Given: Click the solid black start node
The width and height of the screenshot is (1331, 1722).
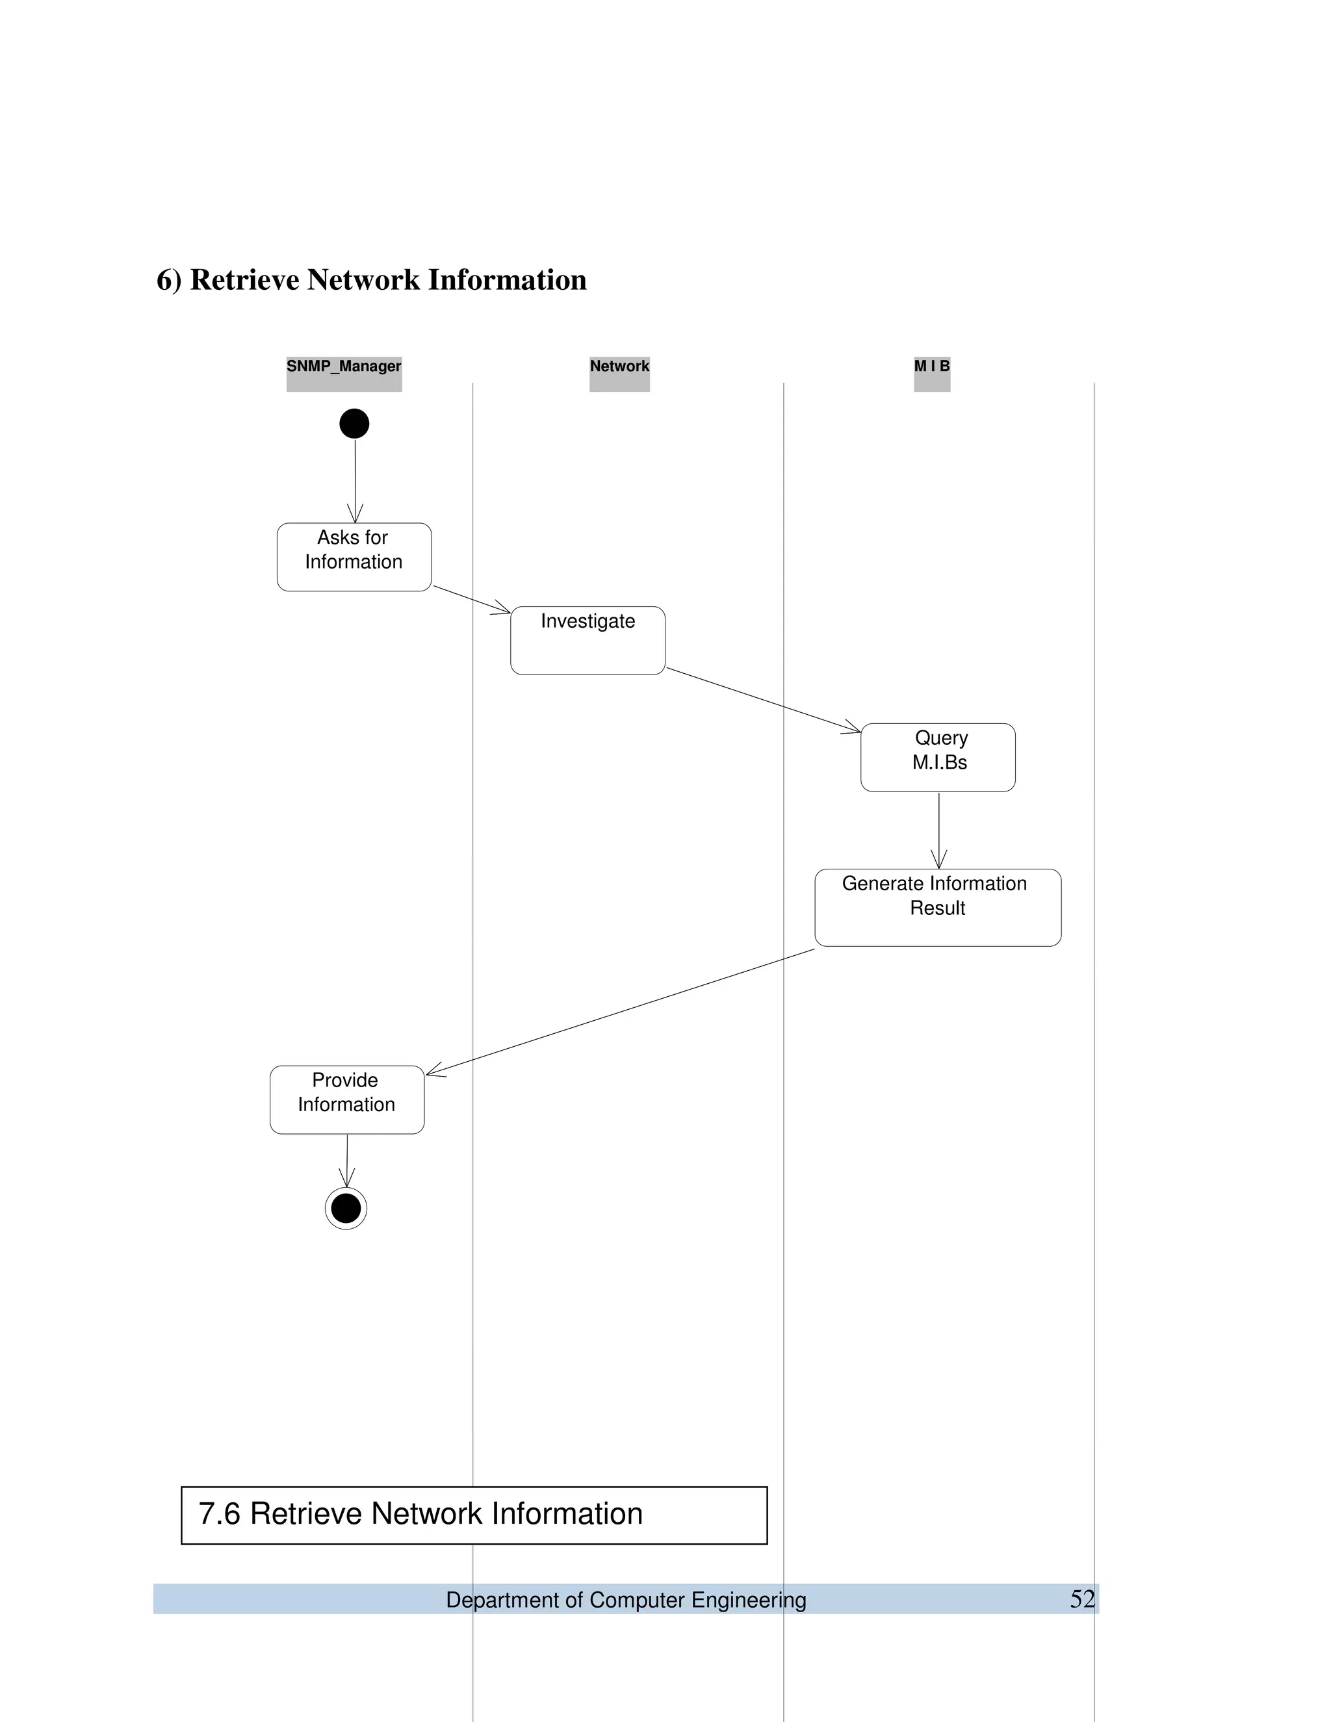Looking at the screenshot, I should point(354,424).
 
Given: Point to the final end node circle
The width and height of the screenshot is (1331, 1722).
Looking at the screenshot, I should point(346,1208).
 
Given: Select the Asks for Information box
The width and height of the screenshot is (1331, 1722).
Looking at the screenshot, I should point(354,557).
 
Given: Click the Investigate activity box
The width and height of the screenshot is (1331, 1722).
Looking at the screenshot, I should point(588,640).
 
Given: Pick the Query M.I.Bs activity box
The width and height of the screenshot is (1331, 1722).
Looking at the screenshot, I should point(938,757).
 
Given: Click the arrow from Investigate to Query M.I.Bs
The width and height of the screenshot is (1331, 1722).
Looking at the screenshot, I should point(763,700).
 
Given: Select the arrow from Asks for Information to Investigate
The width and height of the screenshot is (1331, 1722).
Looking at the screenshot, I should point(472,598).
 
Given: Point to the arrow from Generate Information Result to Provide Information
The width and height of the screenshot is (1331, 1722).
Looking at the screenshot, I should point(621,1012).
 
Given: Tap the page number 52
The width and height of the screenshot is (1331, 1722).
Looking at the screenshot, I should point(1082,1599).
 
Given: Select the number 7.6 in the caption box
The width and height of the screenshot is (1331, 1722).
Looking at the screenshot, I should point(219,1515).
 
